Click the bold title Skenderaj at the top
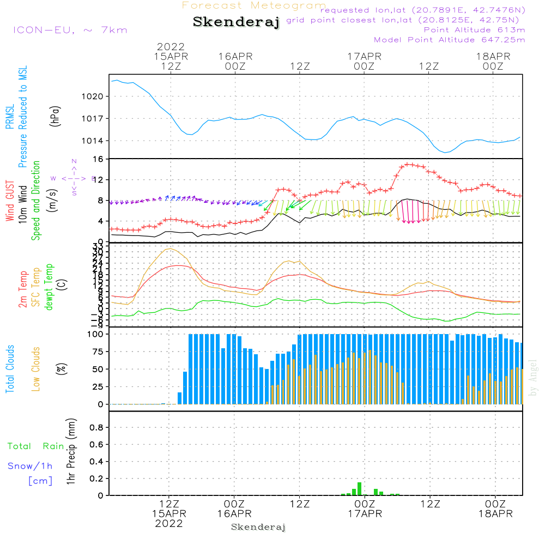coord(236,22)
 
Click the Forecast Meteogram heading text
coord(254,5)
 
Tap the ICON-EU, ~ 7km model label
coord(70,30)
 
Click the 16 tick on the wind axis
coord(99,159)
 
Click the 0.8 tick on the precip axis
coord(97,428)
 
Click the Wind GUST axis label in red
coord(10,202)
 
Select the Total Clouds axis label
coord(10,369)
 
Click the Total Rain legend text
coord(36,446)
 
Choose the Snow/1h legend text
coord(31,467)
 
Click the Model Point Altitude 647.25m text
coord(450,40)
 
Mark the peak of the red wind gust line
coord(408,164)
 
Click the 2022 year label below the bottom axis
coord(169,524)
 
